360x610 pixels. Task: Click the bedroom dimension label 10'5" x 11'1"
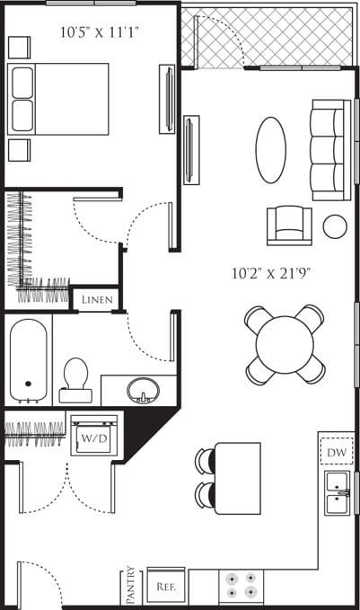pos(100,32)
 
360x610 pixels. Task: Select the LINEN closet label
pos(97,299)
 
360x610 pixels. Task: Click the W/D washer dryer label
pos(93,438)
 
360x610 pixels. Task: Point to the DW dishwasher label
pos(337,452)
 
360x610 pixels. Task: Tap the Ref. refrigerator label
pos(165,586)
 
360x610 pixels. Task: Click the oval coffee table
pos(271,150)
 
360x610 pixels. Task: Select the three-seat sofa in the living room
pos(329,150)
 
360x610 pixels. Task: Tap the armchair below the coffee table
pos(289,225)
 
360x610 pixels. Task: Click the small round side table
pos(335,226)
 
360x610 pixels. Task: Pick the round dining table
pos(285,344)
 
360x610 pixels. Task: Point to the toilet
pos(75,380)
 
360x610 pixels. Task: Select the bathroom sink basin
pos(143,391)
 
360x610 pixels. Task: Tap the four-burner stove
pos(241,586)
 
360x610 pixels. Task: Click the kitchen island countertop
pos(238,477)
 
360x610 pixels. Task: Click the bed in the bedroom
pos(58,99)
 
